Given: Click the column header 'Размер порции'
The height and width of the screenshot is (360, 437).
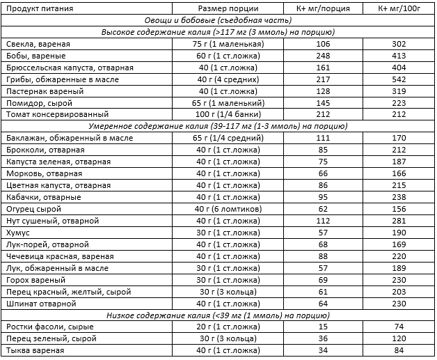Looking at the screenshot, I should coord(228,8).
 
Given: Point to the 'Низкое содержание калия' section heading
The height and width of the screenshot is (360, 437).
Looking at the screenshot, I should coord(219,315).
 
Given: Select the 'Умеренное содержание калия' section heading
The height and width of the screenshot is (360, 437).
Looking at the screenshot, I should coord(219,125).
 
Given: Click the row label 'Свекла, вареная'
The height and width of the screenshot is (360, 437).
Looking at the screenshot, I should coord(35,44).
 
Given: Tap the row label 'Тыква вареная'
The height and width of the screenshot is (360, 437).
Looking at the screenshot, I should coord(34,350).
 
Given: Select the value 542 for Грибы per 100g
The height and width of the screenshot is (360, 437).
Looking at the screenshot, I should coord(398,79).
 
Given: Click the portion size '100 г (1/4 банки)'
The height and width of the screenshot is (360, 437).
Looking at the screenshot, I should coord(228,114).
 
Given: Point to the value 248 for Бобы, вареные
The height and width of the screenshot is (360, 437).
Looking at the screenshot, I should coord(322,56).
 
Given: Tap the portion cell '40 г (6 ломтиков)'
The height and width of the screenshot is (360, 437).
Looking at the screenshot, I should coord(228,209).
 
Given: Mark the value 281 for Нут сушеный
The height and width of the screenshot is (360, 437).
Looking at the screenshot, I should coord(398,221).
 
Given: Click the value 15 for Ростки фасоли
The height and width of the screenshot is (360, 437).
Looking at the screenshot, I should coord(322,327).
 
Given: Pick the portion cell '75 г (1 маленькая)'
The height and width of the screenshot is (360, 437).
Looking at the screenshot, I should coord(228,44).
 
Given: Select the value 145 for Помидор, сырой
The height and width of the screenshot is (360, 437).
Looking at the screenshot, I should coord(322,102).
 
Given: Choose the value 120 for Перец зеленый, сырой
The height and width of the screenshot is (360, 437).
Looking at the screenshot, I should coord(398,338).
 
